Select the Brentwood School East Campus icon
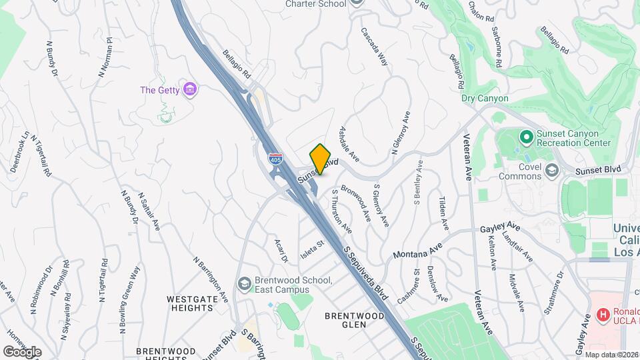pyautogui.click(x=244, y=284)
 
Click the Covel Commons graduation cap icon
pyautogui.click(x=551, y=171)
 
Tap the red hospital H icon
pyautogui.click(x=603, y=314)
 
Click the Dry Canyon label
pyautogui.click(x=485, y=99)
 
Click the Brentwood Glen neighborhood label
pyautogui.click(x=355, y=321)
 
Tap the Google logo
pyautogui.click(x=22, y=351)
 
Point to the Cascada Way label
pyautogui.click(x=374, y=45)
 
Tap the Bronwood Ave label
pyautogui.click(x=355, y=202)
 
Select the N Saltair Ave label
pyautogui.click(x=149, y=211)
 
